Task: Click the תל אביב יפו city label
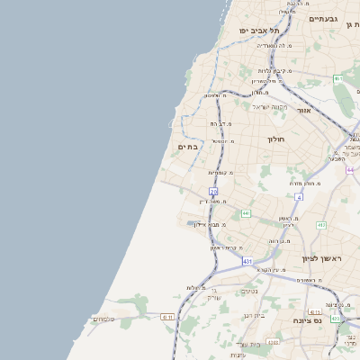256,30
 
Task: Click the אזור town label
304,110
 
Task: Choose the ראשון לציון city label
326,259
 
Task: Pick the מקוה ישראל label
269,107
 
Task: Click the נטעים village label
250,291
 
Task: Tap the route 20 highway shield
213,192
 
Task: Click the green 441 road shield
246,213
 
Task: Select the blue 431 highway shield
247,261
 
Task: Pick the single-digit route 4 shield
299,195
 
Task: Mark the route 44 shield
349,168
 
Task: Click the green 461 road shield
338,79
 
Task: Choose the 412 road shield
321,225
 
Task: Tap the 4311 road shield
274,342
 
